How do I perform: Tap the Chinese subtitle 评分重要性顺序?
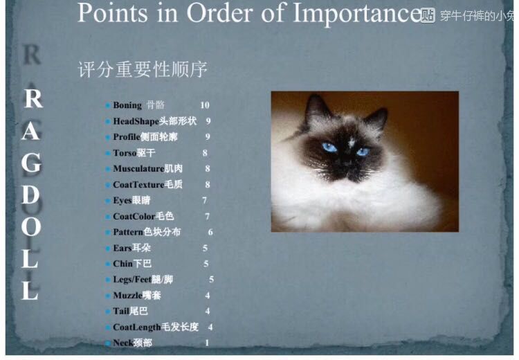pos(143,70)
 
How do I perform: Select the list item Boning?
pos(127,105)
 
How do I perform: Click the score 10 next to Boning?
pos(205,105)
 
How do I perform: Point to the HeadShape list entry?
pos(155,121)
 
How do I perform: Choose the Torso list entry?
pos(134,153)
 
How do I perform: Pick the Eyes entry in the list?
pos(131,200)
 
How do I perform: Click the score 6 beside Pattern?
pos(210,232)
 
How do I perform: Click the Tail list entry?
pos(130,312)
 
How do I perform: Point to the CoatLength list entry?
pos(156,327)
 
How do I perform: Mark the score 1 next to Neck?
pos(207,343)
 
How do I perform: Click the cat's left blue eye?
pos(329,147)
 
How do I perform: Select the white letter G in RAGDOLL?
pos(31,163)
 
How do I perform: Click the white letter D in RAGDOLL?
pos(30,196)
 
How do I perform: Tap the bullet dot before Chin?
pos(107,264)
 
